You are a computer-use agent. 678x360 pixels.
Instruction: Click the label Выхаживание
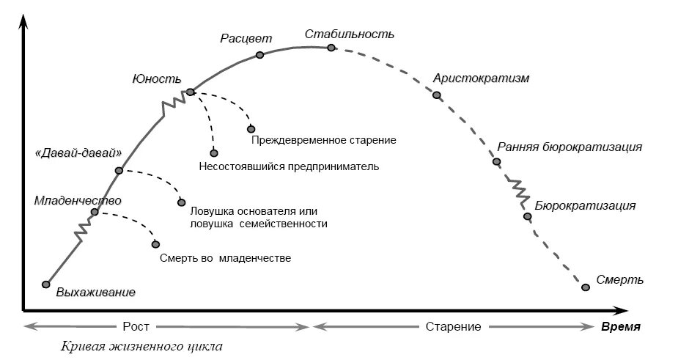click(x=96, y=293)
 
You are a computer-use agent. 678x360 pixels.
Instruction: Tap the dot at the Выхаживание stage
click(x=46, y=284)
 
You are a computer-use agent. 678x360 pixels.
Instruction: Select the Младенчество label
click(x=78, y=199)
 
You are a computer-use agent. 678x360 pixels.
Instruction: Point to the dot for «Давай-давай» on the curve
click(x=118, y=171)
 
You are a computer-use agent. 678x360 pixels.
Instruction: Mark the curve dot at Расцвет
click(x=259, y=55)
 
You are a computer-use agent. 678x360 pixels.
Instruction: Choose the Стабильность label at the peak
click(x=350, y=34)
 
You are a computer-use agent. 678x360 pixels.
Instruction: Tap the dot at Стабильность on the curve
click(x=331, y=48)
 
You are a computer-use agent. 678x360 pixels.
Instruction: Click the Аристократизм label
click(x=481, y=78)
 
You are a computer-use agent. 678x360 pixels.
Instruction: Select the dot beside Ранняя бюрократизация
click(x=496, y=161)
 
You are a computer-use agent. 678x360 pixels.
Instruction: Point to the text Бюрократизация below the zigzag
click(x=585, y=205)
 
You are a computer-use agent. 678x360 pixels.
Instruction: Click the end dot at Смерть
click(x=585, y=287)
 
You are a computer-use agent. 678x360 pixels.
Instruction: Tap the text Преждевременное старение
click(x=323, y=139)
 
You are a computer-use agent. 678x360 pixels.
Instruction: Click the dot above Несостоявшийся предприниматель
click(x=214, y=153)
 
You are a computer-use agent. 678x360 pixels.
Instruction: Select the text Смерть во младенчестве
click(x=225, y=258)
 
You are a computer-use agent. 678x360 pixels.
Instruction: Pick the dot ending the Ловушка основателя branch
click(x=181, y=203)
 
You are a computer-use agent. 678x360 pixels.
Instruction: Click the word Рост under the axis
click(x=132, y=326)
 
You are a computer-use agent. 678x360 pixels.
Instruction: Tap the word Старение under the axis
click(x=453, y=326)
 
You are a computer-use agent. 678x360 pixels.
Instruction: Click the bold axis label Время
click(x=621, y=326)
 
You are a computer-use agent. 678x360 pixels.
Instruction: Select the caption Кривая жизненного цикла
click(x=141, y=345)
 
